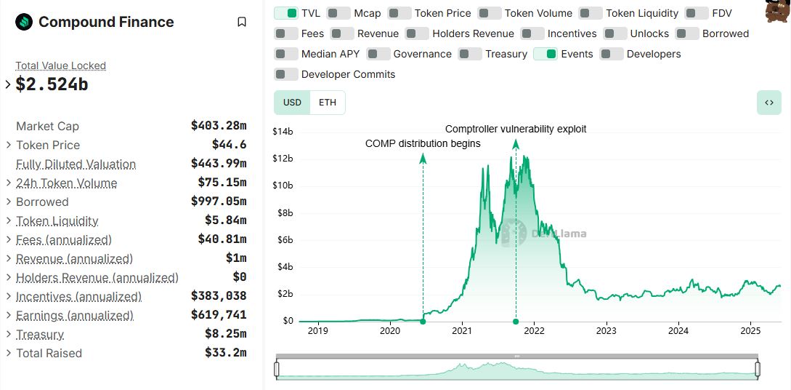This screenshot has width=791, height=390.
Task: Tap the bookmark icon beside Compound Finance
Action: tap(242, 22)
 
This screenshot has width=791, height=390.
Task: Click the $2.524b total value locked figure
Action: tap(52, 84)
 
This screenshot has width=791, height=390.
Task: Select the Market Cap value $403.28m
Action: tap(219, 126)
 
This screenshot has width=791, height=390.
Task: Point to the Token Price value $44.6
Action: tap(229, 145)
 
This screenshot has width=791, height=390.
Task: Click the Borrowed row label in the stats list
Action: tap(42, 202)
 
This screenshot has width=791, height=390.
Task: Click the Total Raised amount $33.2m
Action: tap(225, 353)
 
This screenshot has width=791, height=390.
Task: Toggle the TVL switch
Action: tap(286, 13)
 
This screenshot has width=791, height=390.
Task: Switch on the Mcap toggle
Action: tap(338, 13)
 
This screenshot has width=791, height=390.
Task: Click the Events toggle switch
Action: tap(545, 54)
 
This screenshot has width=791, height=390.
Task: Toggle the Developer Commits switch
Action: tap(286, 74)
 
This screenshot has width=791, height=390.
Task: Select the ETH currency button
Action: tap(328, 103)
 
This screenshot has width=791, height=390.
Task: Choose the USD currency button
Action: tap(292, 103)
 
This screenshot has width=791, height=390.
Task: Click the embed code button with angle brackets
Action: tap(768, 103)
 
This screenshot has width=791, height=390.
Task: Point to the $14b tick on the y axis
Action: tap(283, 132)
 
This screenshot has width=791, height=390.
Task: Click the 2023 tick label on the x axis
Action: tap(606, 331)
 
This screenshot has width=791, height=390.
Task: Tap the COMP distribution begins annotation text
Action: tap(423, 143)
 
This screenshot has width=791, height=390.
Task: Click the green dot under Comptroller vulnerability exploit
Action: tap(516, 321)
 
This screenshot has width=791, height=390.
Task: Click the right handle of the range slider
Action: tap(758, 370)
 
